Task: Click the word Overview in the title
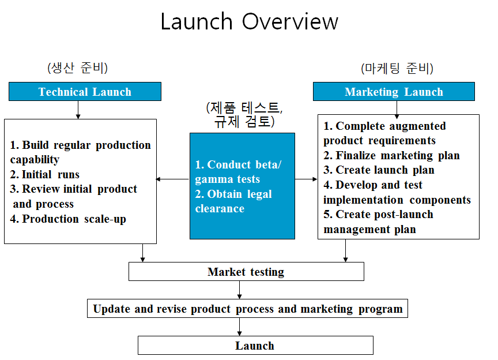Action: click(290, 21)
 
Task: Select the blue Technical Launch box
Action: click(85, 92)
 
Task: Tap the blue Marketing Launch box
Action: click(394, 92)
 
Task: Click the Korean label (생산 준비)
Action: click(77, 67)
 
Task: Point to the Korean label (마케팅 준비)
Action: click(397, 68)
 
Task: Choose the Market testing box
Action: click(246, 272)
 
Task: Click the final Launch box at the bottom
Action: click(255, 346)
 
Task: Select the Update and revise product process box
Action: click(247, 309)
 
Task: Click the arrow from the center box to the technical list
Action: click(173, 179)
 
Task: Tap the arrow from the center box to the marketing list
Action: click(306, 179)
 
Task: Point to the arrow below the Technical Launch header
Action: click(78, 110)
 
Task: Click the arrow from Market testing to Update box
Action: click(239, 290)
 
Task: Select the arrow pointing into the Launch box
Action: click(239, 327)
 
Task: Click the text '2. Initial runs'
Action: click(45, 174)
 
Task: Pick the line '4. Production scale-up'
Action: click(68, 219)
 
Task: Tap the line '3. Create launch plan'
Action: click(379, 170)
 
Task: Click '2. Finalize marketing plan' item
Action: click(391, 155)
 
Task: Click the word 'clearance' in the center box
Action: click(220, 209)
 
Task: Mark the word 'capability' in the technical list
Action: click(35, 160)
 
